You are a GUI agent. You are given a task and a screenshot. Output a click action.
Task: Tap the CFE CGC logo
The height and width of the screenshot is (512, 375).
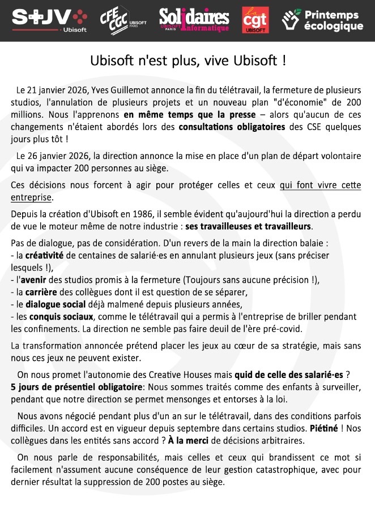click(122, 21)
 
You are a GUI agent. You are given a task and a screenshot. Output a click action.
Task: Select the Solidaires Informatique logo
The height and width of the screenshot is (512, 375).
click(194, 20)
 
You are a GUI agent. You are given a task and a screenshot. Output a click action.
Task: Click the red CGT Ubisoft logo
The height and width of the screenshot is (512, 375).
click(255, 20)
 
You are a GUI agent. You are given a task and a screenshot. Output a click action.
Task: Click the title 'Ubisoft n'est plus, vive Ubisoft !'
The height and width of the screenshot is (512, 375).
click(187, 61)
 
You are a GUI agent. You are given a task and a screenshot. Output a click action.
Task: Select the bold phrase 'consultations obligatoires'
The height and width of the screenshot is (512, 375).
click(232, 127)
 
